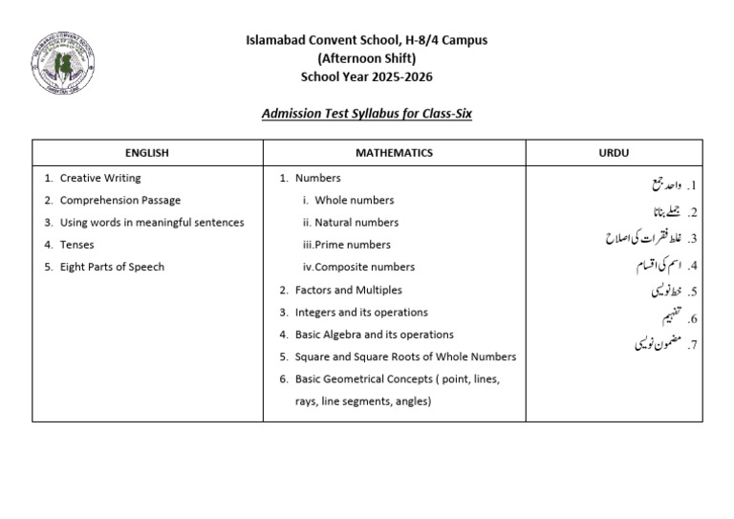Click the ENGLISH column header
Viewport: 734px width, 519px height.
[146, 153]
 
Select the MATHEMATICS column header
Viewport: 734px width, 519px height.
[394, 153]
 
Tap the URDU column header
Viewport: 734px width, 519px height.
[613, 153]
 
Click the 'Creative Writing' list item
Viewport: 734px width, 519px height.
[99, 178]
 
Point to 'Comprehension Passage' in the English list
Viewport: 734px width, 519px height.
[119, 201]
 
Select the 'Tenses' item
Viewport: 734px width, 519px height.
[76, 245]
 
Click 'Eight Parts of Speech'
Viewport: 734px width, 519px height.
[112, 267]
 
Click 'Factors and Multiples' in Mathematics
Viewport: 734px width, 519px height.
[348, 290]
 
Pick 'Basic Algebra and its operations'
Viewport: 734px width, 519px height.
[374, 335]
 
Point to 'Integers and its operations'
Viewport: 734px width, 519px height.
[360, 313]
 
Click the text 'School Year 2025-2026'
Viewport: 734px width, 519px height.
[367, 76]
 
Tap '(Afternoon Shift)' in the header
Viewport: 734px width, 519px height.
[367, 58]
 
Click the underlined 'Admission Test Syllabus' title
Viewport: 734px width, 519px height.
[367, 114]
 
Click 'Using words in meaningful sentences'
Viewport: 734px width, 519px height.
[151, 223]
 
